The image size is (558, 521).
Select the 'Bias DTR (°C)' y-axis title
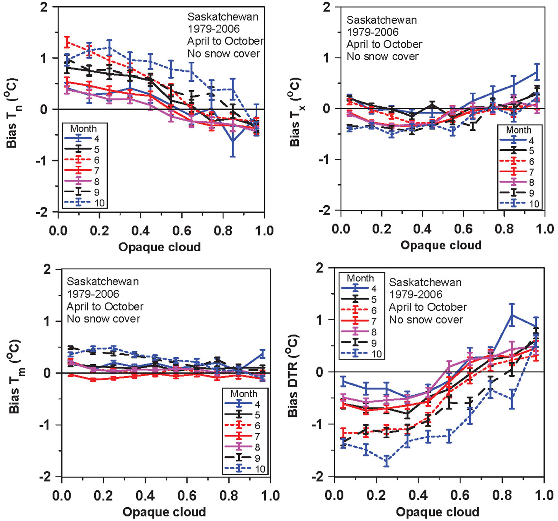(x=294, y=376)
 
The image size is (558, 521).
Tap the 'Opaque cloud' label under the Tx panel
(x=441, y=245)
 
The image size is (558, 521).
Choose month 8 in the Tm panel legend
(x=257, y=447)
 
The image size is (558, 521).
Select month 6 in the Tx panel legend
(x=531, y=161)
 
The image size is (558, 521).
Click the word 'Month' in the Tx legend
(x=518, y=130)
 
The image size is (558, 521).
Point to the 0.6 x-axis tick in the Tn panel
(x=182, y=230)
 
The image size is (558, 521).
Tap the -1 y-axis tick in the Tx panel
(x=324, y=159)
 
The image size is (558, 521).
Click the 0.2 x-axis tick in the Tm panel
(x=103, y=495)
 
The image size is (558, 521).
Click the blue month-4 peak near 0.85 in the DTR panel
(x=512, y=315)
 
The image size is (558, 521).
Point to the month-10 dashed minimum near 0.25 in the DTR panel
(x=387, y=460)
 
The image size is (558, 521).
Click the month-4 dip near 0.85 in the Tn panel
(x=233, y=141)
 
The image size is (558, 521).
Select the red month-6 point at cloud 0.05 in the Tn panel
(x=67, y=43)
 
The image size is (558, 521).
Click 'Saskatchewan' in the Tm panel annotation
(x=103, y=282)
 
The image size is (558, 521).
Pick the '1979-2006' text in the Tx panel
(x=373, y=32)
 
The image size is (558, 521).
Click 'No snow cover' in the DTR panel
(x=426, y=320)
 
